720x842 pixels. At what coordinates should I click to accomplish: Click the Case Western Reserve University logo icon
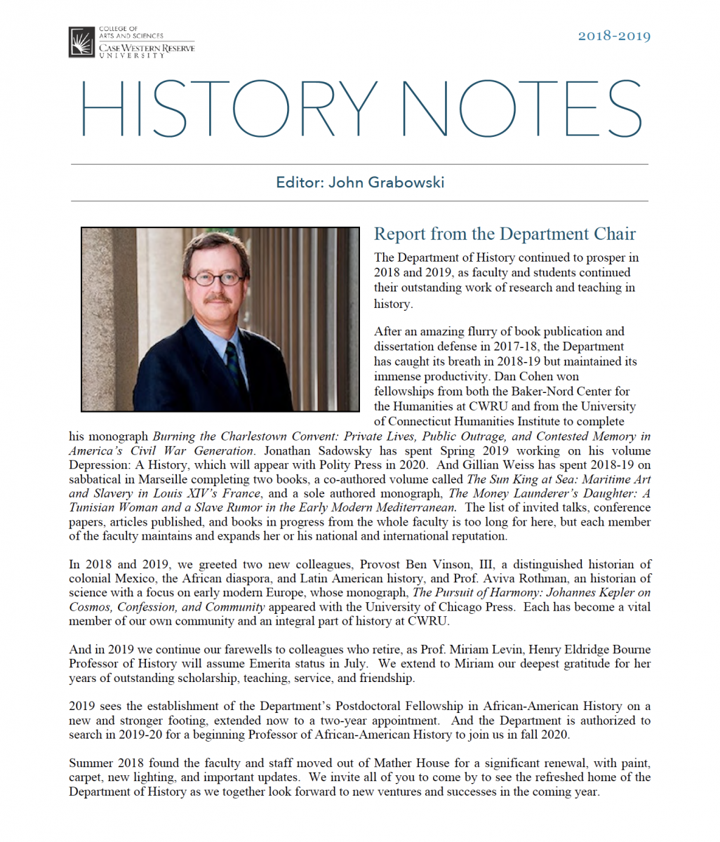[82, 42]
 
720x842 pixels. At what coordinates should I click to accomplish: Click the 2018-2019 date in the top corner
[614, 36]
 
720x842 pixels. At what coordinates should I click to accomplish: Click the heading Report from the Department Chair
[505, 234]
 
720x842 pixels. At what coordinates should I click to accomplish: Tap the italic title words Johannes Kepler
[585, 592]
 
